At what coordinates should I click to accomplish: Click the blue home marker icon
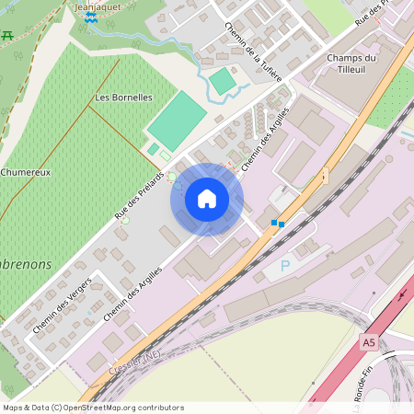[x=206, y=199]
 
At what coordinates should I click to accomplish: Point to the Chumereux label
[x=25, y=172]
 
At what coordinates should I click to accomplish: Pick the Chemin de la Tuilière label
[x=253, y=52]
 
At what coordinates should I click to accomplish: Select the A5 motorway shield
[x=369, y=343]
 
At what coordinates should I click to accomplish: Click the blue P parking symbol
[x=285, y=266]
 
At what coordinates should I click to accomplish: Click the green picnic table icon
[x=7, y=35]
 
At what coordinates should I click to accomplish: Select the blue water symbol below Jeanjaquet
[x=90, y=17]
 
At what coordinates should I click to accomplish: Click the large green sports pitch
[x=178, y=121]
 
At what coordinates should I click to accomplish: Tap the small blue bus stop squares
[x=277, y=223]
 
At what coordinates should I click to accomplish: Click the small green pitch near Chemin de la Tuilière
[x=222, y=82]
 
